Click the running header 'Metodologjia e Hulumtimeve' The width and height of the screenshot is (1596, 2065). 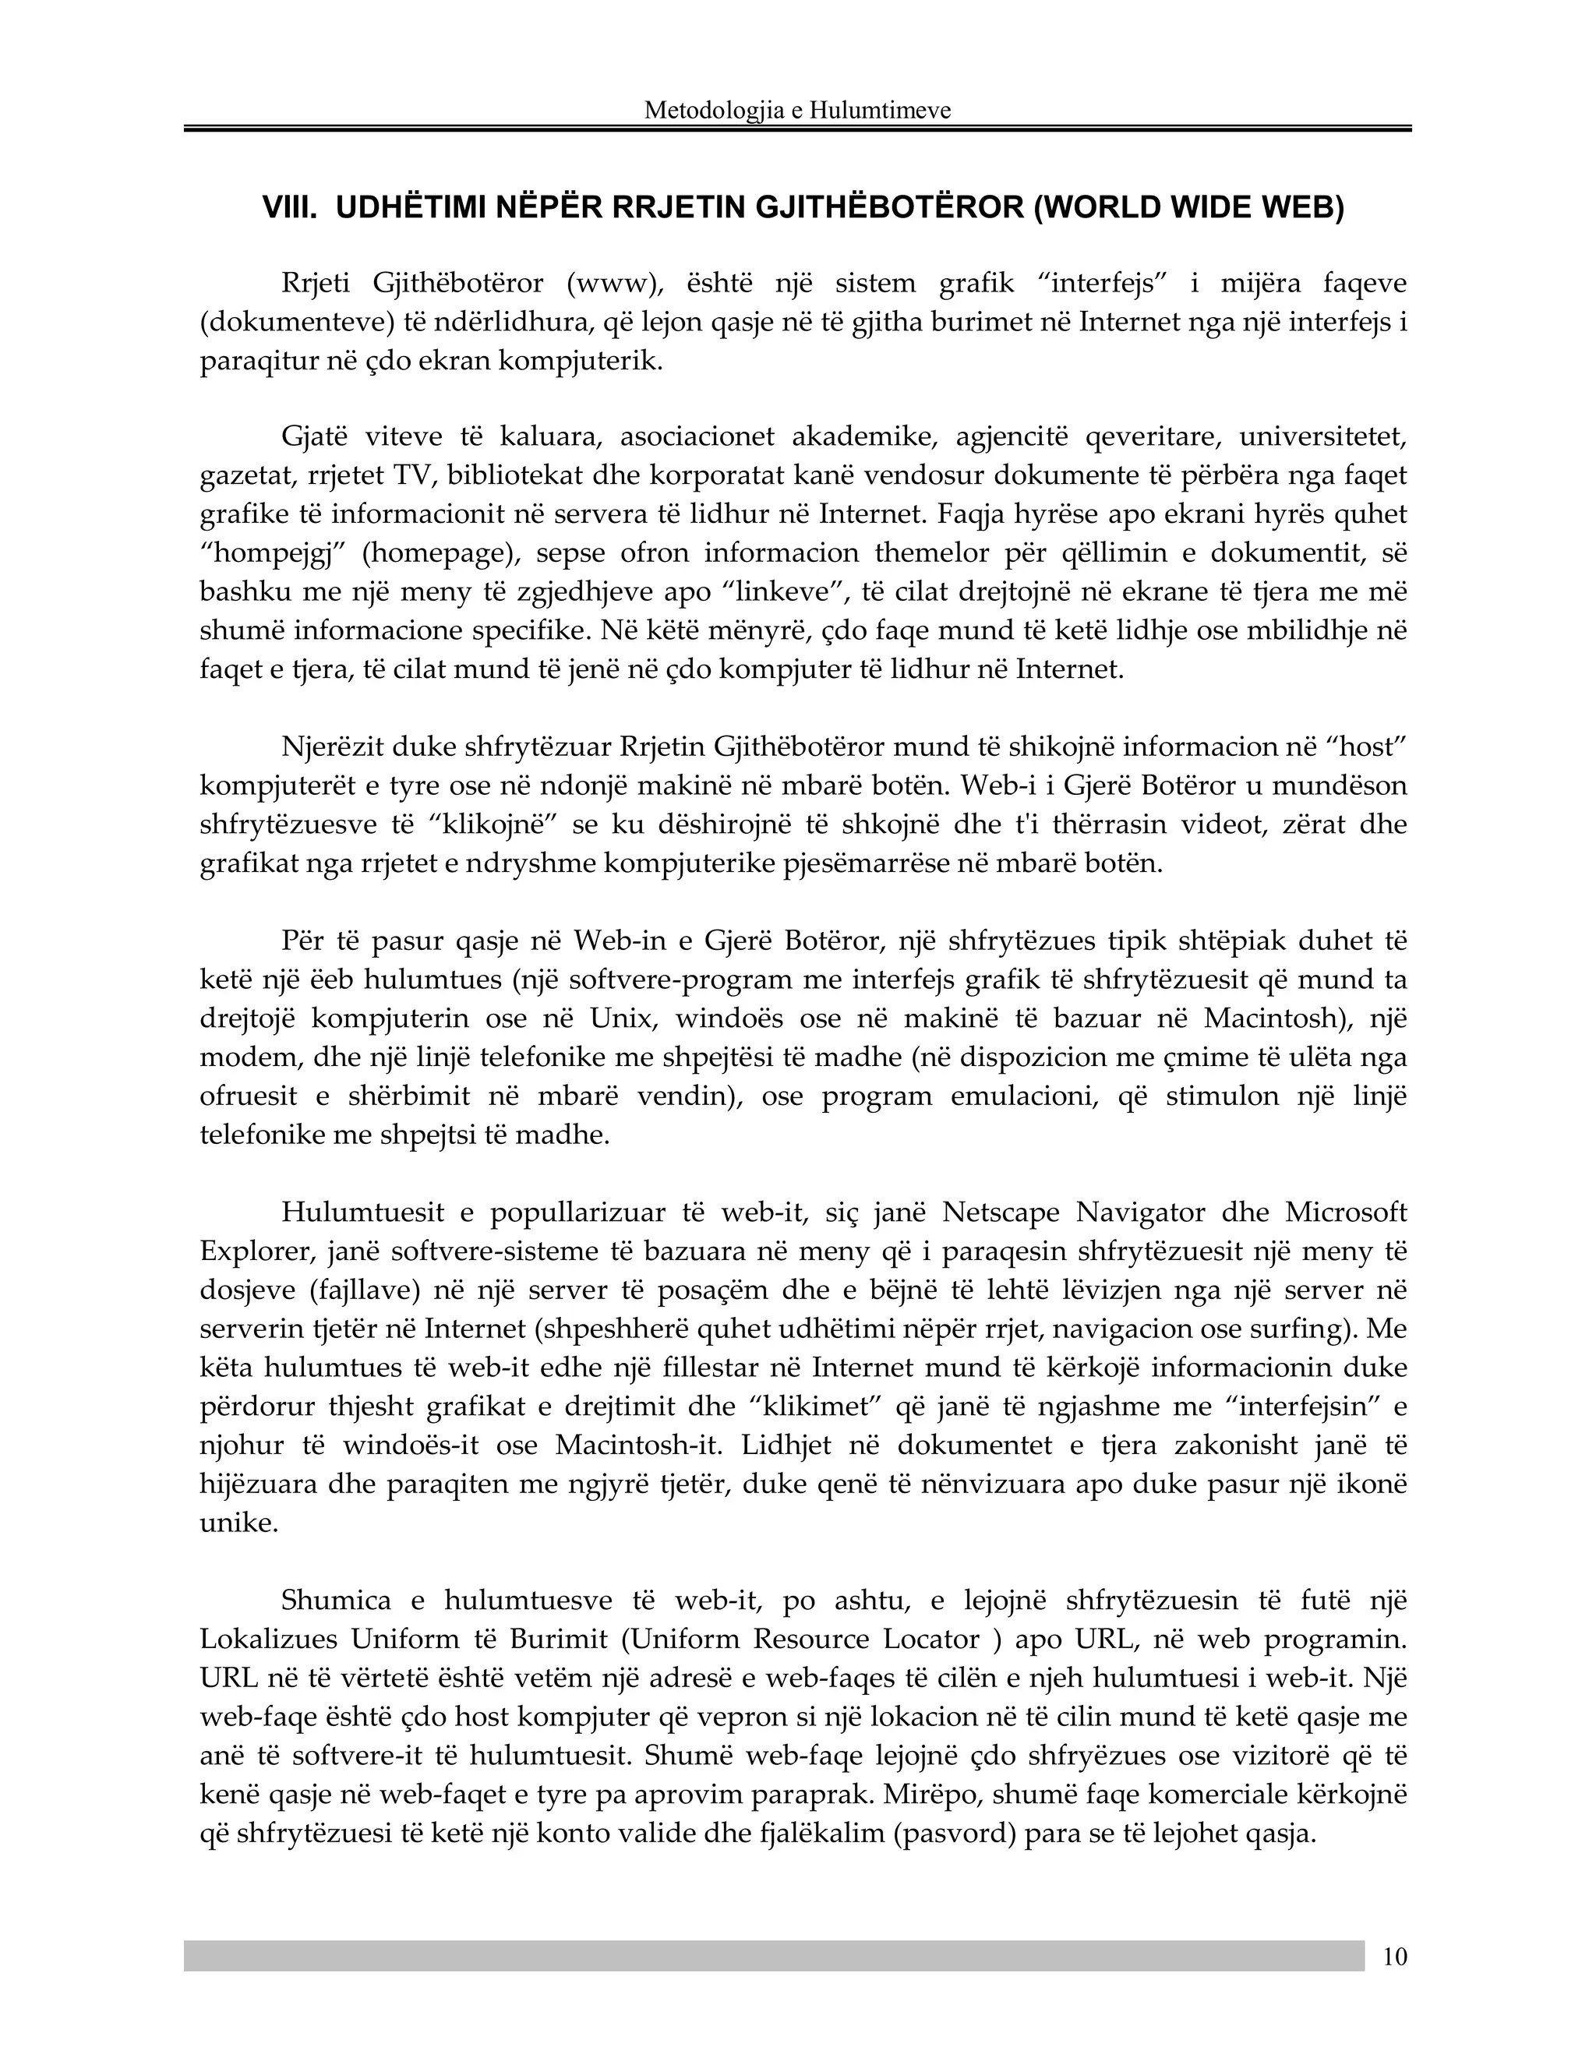[x=797, y=111]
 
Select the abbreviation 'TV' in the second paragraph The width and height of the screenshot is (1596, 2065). [x=412, y=475]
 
